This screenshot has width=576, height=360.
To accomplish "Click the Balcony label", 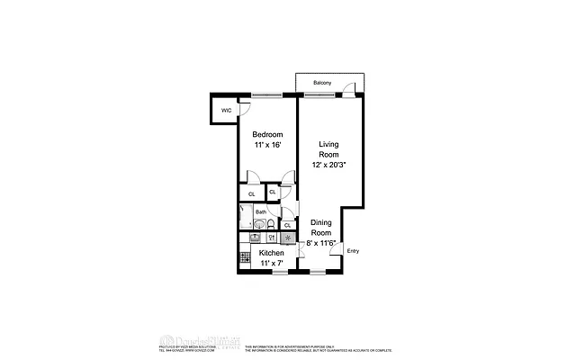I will tap(322, 83).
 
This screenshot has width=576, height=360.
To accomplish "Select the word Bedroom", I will tap(266, 135).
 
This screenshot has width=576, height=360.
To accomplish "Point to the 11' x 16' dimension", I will tap(266, 146).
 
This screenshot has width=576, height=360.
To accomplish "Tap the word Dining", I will tap(321, 222).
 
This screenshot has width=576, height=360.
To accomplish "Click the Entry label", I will tap(353, 251).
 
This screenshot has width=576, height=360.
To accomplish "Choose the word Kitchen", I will tap(272, 253).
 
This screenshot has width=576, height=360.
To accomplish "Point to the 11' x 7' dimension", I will tap(272, 264).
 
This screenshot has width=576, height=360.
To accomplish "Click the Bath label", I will tap(260, 212).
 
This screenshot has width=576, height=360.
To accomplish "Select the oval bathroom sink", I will tap(255, 238).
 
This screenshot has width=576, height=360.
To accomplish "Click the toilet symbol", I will tap(271, 225).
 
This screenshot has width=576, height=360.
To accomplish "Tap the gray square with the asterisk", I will tap(287, 238).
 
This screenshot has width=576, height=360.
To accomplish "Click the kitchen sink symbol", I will tap(271, 238).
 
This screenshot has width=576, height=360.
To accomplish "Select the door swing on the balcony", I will tap(358, 88).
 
